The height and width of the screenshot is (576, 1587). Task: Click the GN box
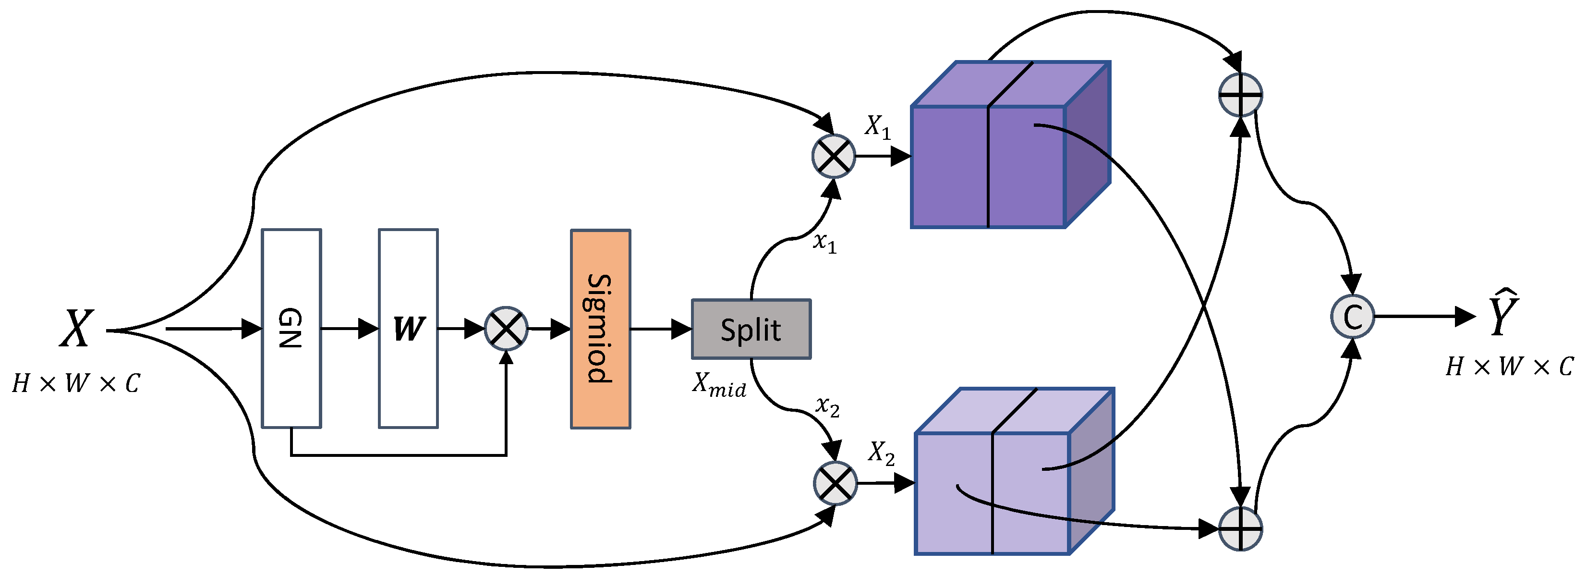(291, 328)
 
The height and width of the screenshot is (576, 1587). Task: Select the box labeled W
(408, 328)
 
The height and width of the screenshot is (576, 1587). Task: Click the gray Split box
(751, 330)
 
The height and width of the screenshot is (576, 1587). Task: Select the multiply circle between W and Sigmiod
(506, 328)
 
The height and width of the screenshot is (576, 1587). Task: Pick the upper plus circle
(1240, 95)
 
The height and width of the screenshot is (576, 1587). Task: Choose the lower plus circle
(1240, 528)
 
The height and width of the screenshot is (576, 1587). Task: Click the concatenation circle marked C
(1352, 317)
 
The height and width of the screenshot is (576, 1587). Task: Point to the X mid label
(719, 385)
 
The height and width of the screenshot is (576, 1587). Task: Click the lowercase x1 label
(824, 242)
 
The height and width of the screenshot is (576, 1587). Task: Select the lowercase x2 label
(827, 406)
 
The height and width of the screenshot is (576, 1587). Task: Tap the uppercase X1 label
(877, 127)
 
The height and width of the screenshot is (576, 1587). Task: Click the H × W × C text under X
(76, 384)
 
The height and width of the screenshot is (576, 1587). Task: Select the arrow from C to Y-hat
(1423, 317)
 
